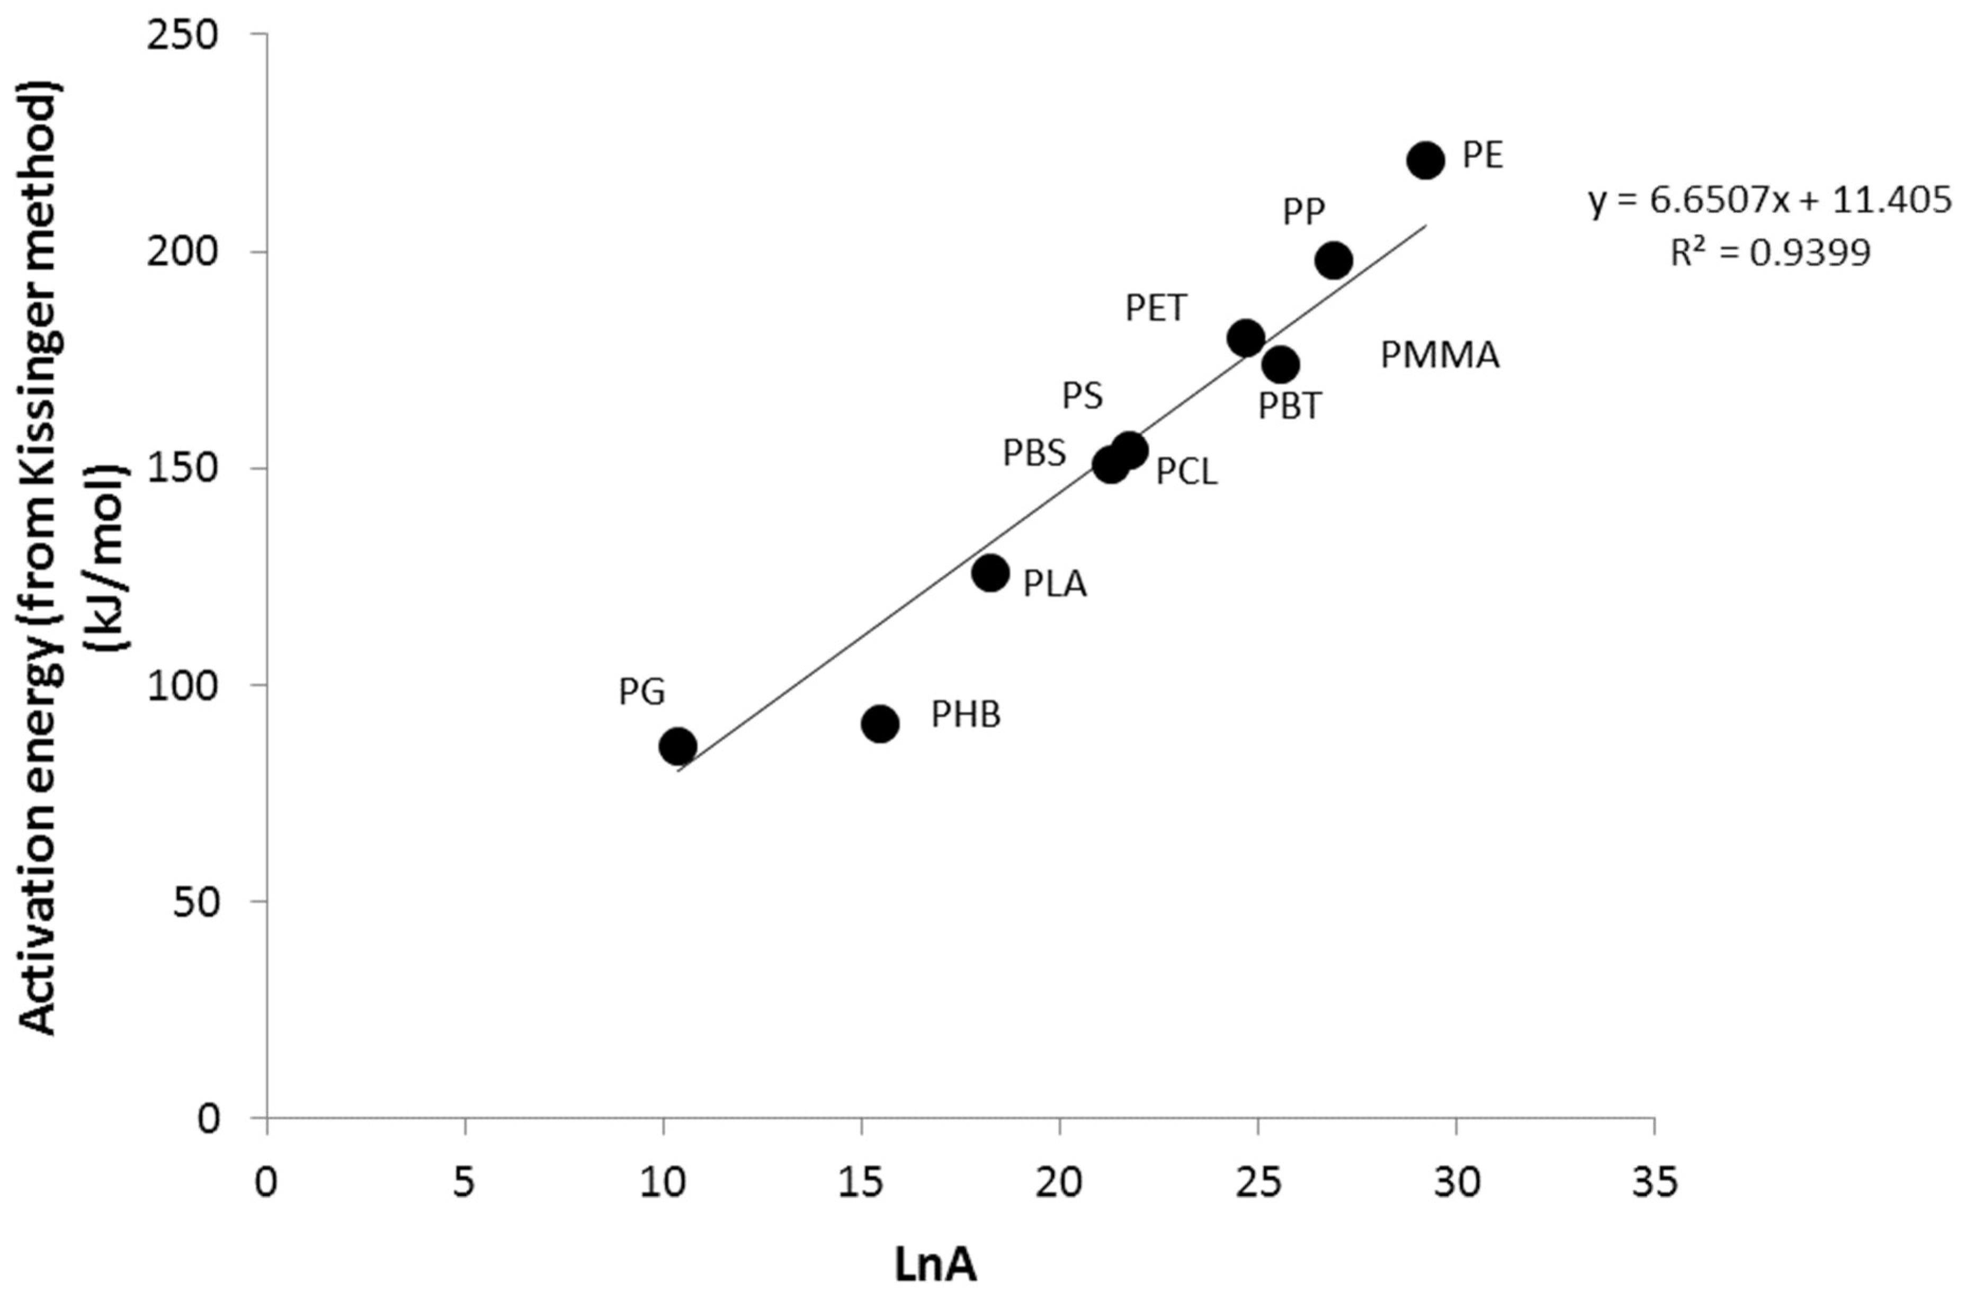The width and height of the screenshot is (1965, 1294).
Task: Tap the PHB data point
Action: point(880,724)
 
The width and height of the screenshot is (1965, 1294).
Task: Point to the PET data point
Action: point(1246,337)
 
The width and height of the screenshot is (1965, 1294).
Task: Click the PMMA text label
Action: point(1440,356)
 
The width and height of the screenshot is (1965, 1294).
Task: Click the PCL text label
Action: point(1186,472)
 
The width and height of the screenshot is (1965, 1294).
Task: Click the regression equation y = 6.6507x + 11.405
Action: point(1770,201)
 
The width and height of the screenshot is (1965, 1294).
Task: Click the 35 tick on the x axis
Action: point(1654,1183)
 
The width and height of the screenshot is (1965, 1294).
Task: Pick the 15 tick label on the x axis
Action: point(861,1183)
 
